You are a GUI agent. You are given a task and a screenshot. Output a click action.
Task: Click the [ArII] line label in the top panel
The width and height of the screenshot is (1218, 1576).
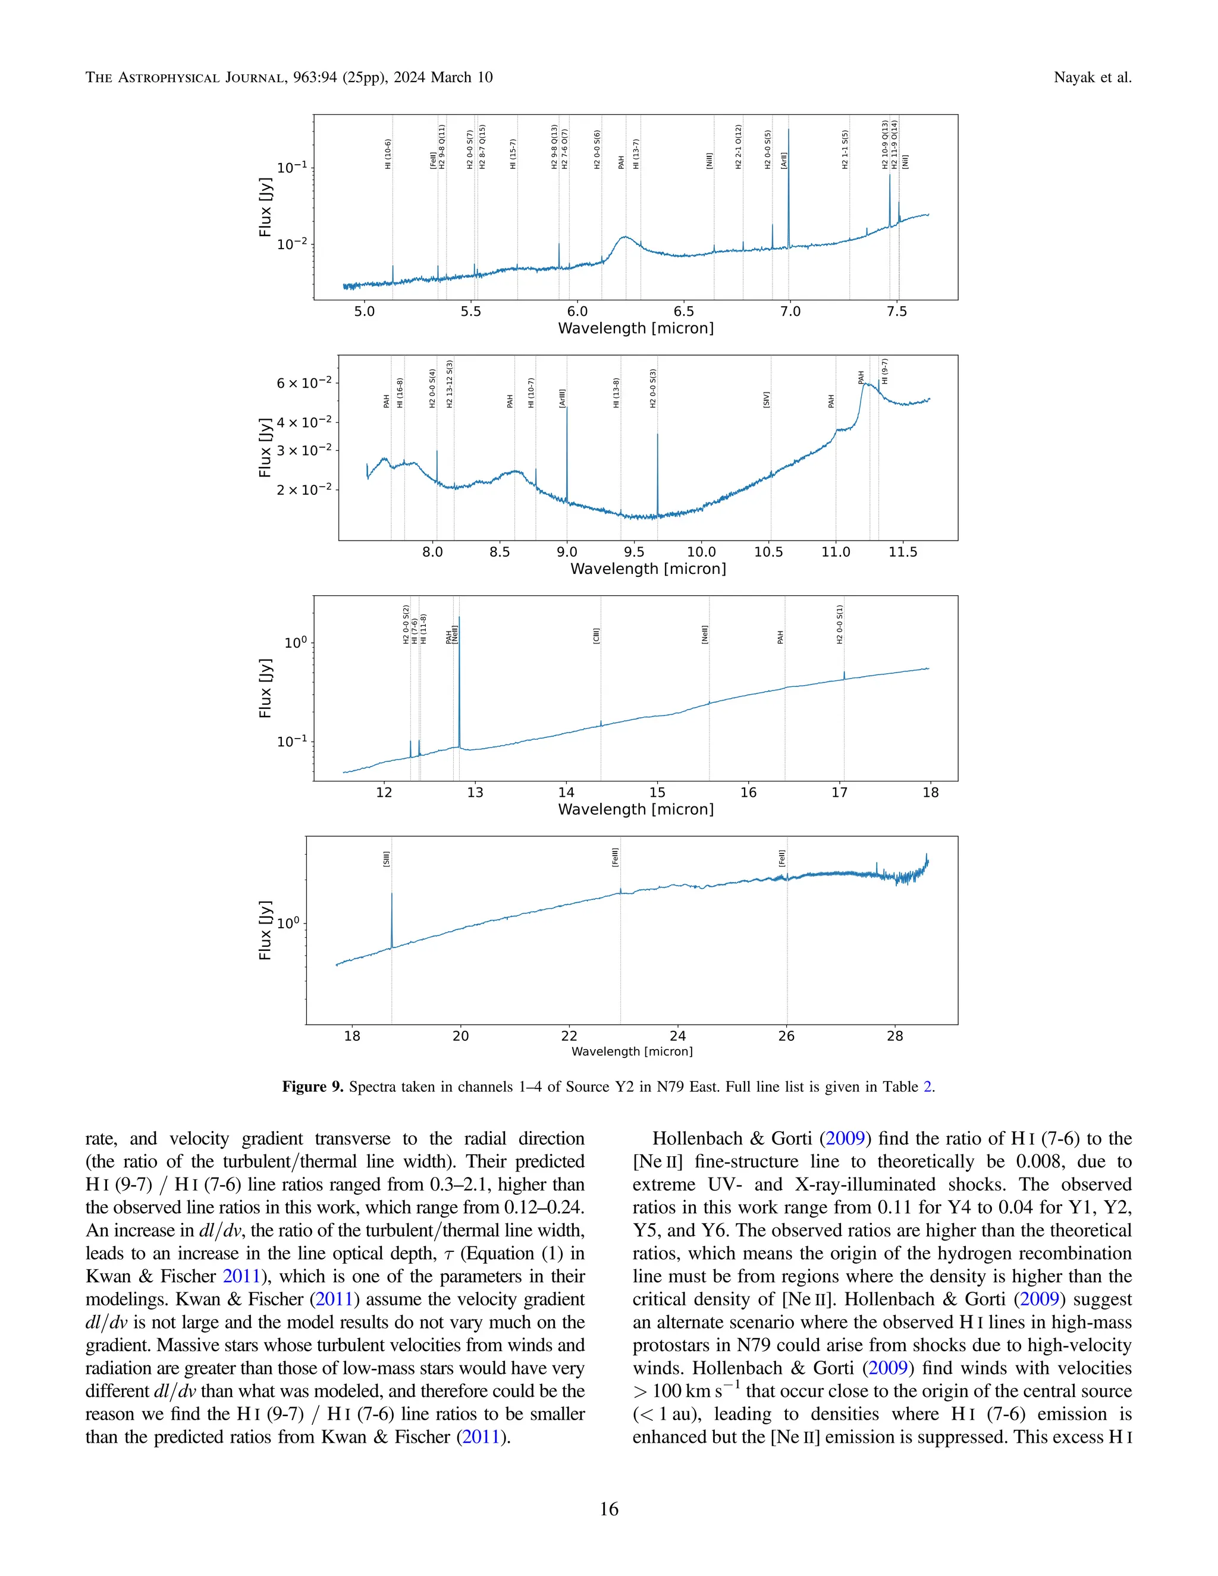click(x=784, y=159)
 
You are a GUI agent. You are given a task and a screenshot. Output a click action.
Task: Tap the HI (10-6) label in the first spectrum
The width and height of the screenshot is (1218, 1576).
click(x=388, y=153)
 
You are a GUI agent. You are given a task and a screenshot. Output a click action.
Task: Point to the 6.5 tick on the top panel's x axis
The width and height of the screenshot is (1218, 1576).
click(x=683, y=312)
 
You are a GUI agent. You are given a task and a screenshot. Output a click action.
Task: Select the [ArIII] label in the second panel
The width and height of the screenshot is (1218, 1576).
click(x=562, y=398)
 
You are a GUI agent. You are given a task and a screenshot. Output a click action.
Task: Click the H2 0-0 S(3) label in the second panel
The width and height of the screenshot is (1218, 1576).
click(x=653, y=388)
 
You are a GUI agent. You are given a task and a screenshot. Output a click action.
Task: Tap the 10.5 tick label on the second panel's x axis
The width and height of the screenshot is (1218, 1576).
click(x=768, y=552)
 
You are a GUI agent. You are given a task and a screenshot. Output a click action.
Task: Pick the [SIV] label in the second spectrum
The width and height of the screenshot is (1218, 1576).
click(x=766, y=400)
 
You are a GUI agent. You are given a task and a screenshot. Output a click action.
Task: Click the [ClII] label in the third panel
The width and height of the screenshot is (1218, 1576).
click(x=597, y=636)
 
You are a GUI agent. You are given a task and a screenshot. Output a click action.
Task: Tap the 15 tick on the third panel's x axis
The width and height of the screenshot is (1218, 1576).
click(x=657, y=792)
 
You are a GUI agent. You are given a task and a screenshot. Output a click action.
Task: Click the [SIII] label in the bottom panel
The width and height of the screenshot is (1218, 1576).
click(x=387, y=859)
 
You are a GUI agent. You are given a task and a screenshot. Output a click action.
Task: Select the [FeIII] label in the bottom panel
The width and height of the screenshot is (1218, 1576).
click(x=616, y=856)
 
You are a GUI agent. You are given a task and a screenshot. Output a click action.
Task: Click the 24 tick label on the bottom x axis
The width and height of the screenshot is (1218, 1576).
click(x=677, y=1036)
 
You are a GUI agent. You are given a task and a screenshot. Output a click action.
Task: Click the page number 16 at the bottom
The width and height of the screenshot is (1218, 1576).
click(x=608, y=1509)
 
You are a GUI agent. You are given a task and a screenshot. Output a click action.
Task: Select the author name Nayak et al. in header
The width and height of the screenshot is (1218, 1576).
click(x=1092, y=77)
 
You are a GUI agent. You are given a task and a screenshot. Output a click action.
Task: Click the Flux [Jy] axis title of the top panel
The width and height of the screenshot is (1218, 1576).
click(x=265, y=207)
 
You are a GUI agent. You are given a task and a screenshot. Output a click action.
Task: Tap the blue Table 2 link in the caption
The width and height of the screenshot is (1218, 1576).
click(x=928, y=1087)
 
